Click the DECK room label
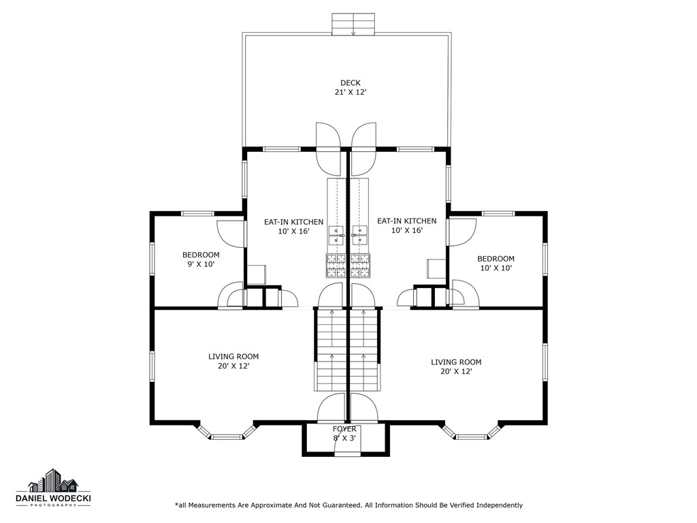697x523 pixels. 351,82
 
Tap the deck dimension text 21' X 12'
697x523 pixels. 351,93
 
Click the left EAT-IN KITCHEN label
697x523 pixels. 294,222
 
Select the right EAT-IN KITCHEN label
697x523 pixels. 407,221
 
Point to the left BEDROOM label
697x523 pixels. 201,255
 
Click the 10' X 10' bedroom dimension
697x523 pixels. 496,268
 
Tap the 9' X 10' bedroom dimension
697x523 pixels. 201,265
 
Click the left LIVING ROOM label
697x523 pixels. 233,357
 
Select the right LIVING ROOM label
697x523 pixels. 456,362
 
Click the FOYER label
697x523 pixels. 344,429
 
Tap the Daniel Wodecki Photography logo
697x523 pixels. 53,488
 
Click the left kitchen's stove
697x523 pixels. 336,266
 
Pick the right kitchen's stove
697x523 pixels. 361,266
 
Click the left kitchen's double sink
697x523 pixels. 336,235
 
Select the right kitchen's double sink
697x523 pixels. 359,235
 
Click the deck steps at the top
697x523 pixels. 353,24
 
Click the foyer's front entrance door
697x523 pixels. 347,454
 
